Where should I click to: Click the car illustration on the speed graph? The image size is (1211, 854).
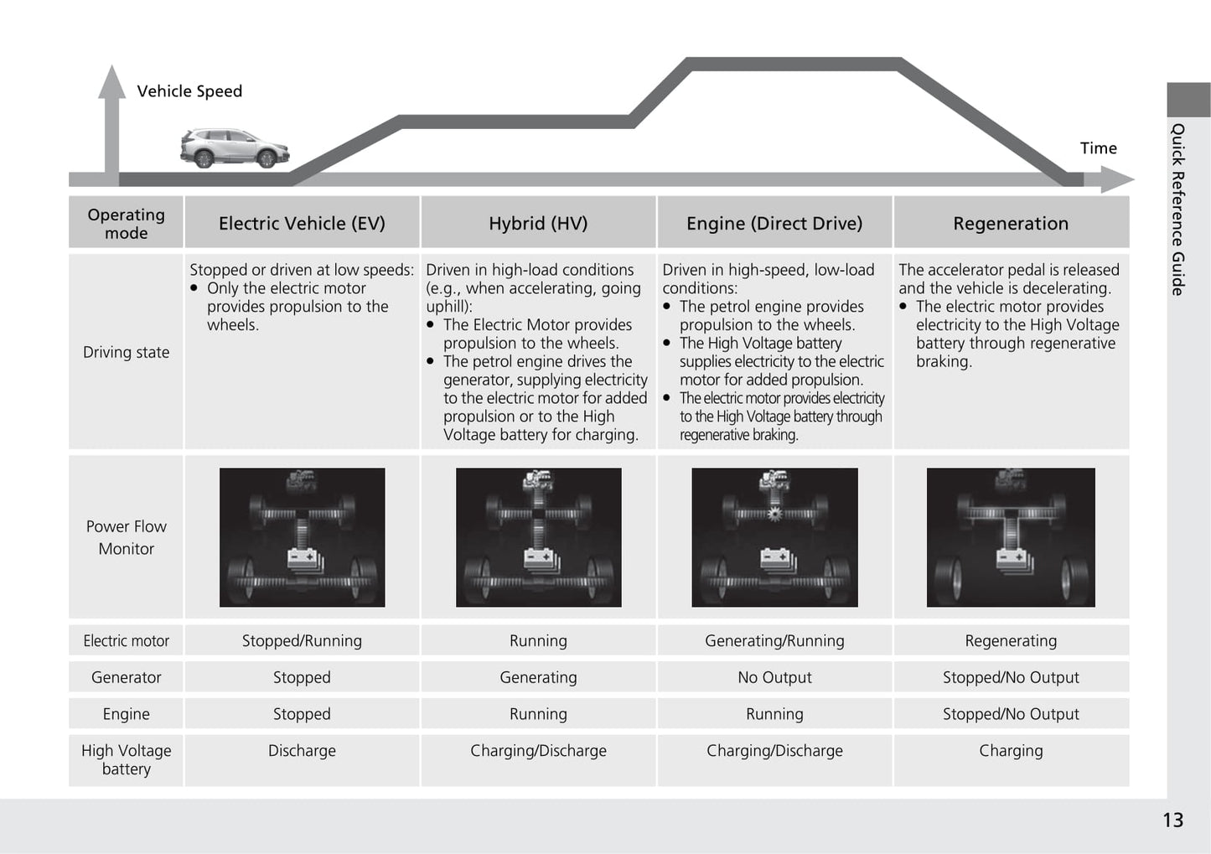(x=234, y=148)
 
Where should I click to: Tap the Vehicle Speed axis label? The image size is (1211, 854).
(x=189, y=91)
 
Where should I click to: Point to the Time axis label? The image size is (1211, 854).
(x=1098, y=148)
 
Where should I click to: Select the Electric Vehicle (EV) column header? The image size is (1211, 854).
(x=302, y=224)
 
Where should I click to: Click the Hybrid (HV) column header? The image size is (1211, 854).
(x=538, y=224)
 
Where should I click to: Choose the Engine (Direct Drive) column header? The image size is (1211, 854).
(x=774, y=224)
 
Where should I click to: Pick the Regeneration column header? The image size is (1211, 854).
(x=1011, y=224)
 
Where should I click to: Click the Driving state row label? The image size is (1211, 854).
(x=126, y=353)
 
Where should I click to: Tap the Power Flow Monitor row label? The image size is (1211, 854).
(x=126, y=537)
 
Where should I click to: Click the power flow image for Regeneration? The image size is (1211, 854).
(x=1011, y=537)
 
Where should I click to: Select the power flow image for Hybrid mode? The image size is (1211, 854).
(x=538, y=537)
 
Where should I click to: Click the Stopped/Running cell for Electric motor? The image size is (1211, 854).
(x=302, y=641)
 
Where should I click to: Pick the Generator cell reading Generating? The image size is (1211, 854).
(x=538, y=677)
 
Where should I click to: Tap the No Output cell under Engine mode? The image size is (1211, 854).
(x=774, y=677)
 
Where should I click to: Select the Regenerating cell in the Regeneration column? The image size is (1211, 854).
(x=1011, y=641)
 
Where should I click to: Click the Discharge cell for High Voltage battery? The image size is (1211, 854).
(x=302, y=751)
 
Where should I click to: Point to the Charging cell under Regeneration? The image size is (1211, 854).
(x=1011, y=751)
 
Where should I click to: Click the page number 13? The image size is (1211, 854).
(x=1172, y=820)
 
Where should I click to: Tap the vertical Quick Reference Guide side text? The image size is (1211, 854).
(x=1178, y=210)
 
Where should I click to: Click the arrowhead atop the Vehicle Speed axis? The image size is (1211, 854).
(x=111, y=81)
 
